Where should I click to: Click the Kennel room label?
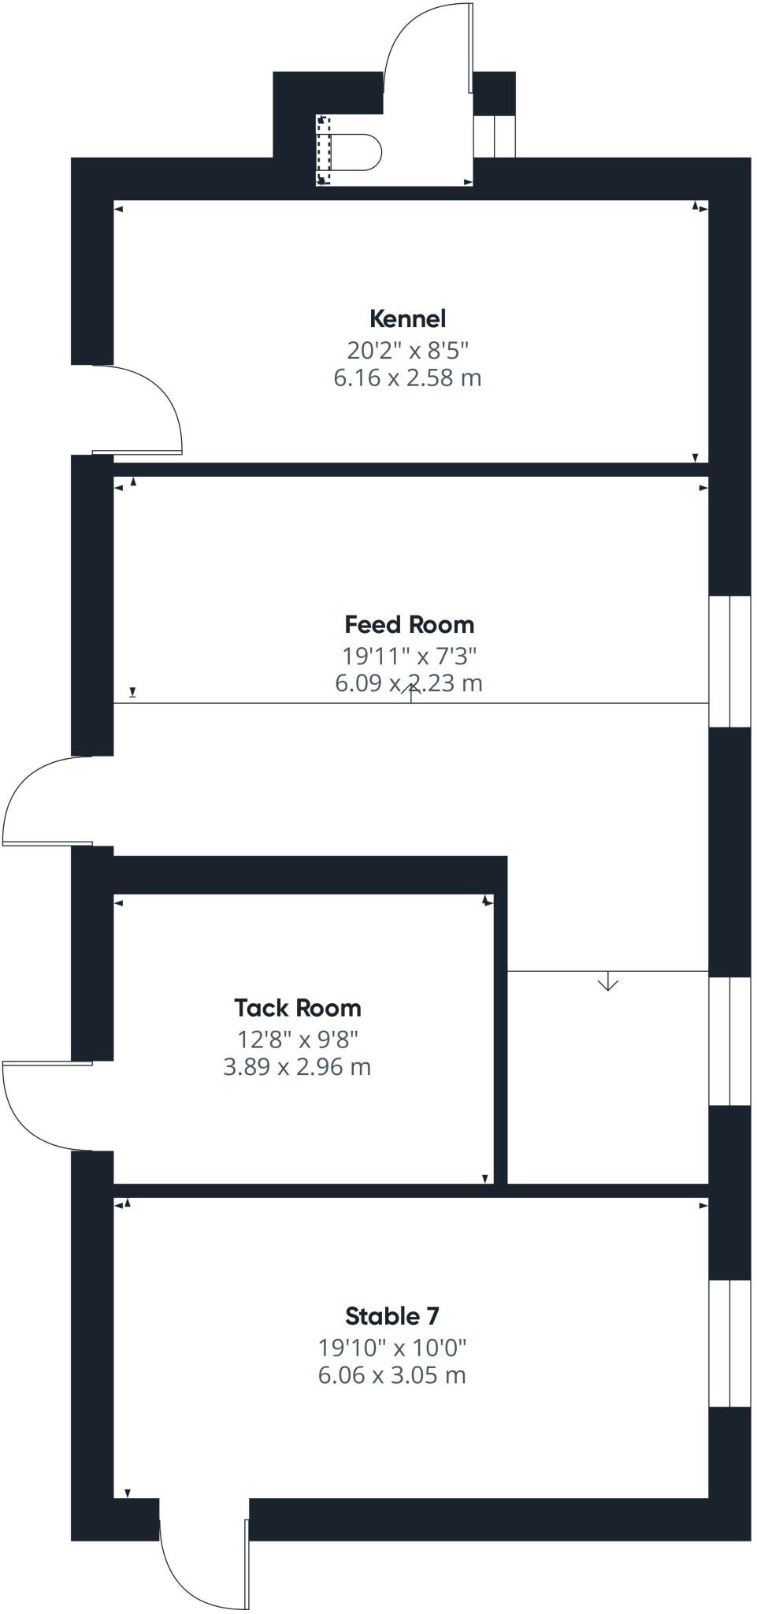coord(407,318)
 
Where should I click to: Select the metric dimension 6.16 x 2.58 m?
coord(407,377)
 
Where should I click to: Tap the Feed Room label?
coord(409,624)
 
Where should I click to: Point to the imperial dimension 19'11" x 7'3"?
coord(409,655)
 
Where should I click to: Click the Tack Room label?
coord(297,1007)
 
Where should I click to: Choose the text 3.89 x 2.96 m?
coord(297,1067)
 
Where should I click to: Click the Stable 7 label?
coord(391,1315)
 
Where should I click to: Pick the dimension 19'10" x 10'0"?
coord(391,1347)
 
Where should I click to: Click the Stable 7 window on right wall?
coord(729,1343)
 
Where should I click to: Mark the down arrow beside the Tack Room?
coord(607,983)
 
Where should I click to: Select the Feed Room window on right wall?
coord(729,660)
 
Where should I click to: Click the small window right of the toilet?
coord(494,136)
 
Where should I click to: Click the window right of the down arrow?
coord(729,1040)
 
